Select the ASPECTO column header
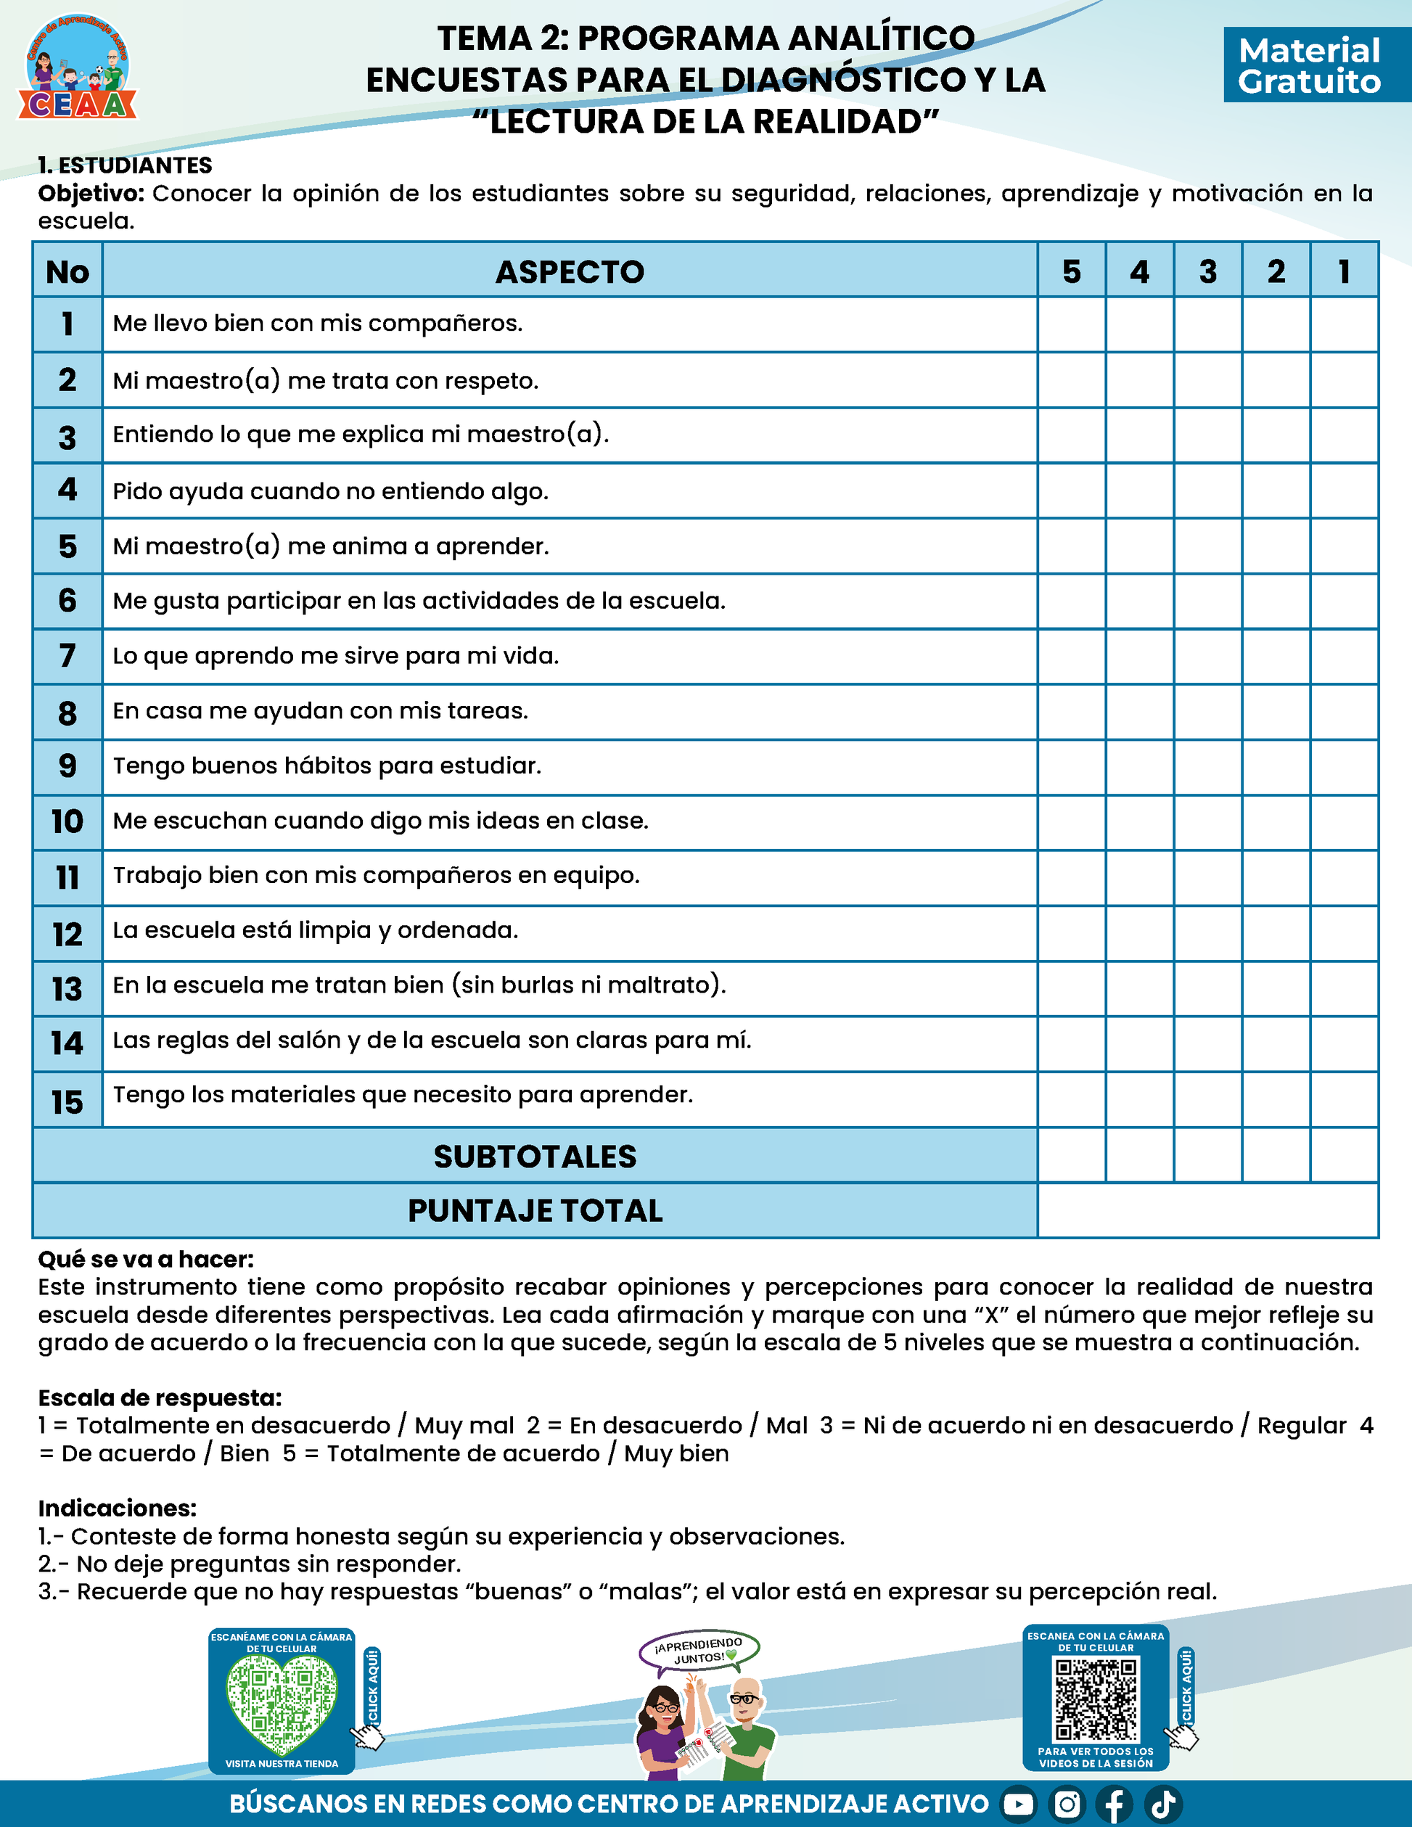[x=570, y=272]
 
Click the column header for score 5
[x=1072, y=272]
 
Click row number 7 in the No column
[x=67, y=656]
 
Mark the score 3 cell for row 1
[x=1208, y=324]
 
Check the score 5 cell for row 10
[x=1072, y=822]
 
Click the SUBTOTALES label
[x=535, y=1156]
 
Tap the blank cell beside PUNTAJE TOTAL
[x=1208, y=1210]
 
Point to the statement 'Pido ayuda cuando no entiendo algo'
[x=330, y=491]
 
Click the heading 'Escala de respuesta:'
[x=160, y=1398]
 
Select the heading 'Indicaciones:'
[x=117, y=1508]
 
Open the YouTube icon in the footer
[x=1018, y=1805]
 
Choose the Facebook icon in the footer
[x=1115, y=1805]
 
